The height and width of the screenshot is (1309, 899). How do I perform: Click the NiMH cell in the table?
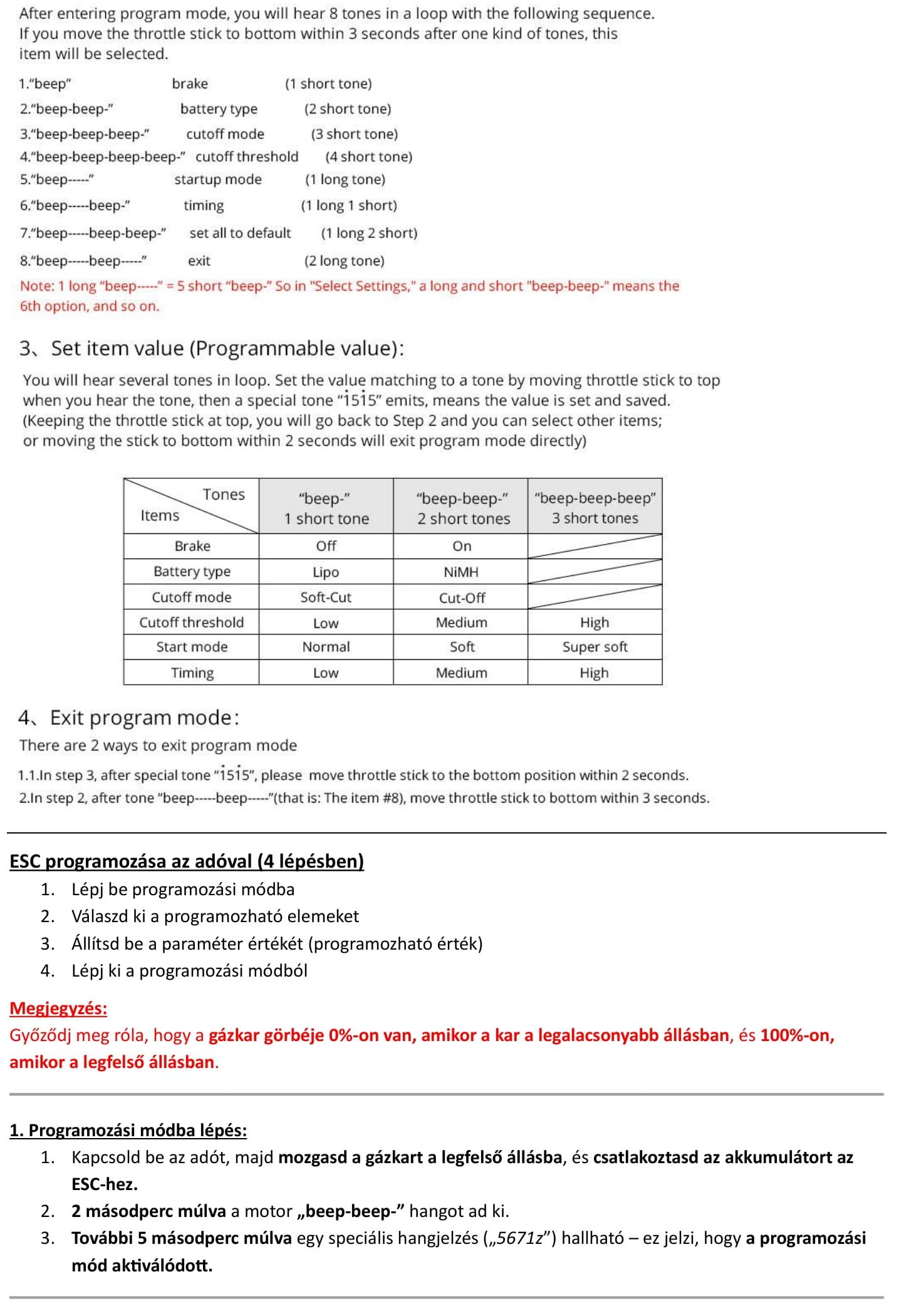coord(460,572)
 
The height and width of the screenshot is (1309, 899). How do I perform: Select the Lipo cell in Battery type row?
coord(326,572)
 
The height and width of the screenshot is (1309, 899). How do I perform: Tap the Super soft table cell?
coord(595,647)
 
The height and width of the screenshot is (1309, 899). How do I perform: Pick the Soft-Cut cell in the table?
coord(326,597)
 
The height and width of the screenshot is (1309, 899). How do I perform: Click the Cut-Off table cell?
coord(462,598)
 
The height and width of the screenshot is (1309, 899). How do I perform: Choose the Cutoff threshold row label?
coord(191,622)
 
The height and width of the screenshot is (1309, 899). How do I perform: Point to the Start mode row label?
coord(192,647)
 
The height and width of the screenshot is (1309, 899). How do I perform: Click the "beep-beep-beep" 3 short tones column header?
coord(595,508)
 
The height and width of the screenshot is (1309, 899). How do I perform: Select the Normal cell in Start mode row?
coord(326,647)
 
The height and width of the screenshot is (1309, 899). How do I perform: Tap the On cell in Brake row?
coord(462,546)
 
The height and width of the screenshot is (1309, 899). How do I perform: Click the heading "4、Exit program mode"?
coord(128,717)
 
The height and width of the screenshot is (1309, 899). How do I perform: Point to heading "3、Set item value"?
coord(211,348)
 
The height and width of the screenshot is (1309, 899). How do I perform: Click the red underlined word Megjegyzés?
coord(58,1008)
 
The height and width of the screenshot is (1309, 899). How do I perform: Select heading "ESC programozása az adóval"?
coord(187,861)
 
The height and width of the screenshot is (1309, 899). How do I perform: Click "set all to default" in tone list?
coord(240,233)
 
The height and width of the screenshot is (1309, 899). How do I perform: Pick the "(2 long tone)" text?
coord(344,260)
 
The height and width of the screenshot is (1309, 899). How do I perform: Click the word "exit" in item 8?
coord(199,260)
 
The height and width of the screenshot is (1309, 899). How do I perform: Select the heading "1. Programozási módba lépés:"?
coord(128,1130)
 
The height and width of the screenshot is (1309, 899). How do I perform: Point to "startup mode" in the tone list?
coord(217,180)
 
